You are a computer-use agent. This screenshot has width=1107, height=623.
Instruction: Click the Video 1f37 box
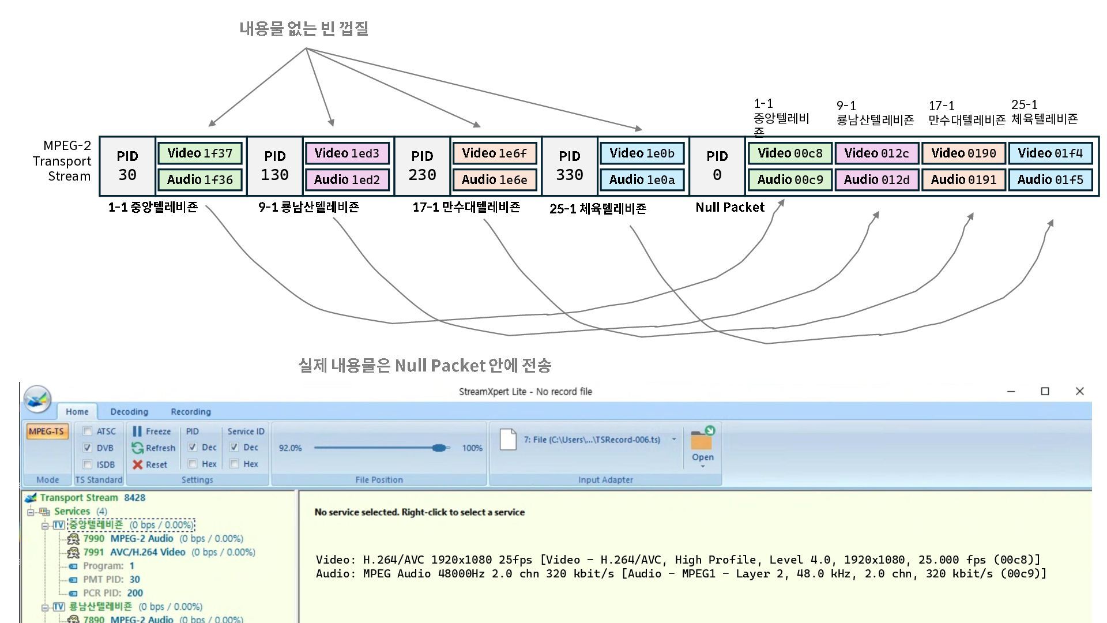(x=199, y=153)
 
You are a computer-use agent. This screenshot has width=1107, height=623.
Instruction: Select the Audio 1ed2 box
(x=347, y=180)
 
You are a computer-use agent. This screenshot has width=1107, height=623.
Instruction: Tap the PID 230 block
(x=422, y=166)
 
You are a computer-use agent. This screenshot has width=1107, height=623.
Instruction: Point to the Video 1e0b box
(x=642, y=153)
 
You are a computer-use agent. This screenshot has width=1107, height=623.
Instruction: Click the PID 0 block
(x=717, y=166)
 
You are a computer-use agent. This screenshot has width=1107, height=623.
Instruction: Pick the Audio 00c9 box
(x=790, y=180)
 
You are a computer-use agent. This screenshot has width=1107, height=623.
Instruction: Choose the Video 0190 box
(x=963, y=153)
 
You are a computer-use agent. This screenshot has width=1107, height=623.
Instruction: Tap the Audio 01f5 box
(x=1050, y=180)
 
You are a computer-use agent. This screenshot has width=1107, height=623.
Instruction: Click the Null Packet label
(x=730, y=208)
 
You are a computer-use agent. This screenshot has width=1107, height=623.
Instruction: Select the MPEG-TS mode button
(x=46, y=431)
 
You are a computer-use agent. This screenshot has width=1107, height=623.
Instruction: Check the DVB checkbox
(x=88, y=448)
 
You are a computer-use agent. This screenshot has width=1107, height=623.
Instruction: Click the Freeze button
(x=152, y=431)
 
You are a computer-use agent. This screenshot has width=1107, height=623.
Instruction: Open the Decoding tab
(x=129, y=412)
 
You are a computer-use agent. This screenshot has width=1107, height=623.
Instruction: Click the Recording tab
(x=191, y=412)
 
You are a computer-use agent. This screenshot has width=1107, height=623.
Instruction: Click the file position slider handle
(x=440, y=448)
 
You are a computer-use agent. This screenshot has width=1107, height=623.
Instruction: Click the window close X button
(x=1080, y=391)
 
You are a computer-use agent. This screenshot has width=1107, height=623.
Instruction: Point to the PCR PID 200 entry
(x=112, y=593)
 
